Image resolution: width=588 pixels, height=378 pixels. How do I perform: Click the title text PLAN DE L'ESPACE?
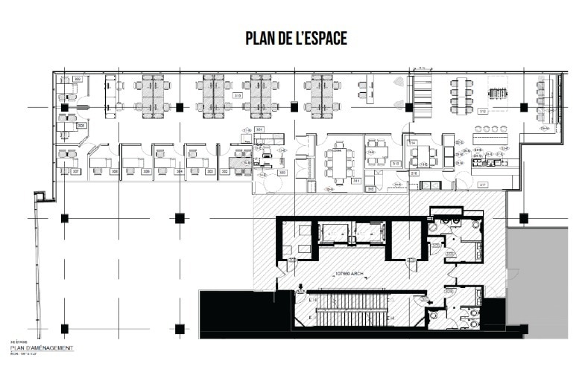pyautogui.click(x=296, y=39)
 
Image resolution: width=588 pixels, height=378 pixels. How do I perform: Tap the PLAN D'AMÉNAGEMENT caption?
pyautogui.click(x=42, y=347)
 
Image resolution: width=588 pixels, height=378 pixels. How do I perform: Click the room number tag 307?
pyautogui.click(x=75, y=170)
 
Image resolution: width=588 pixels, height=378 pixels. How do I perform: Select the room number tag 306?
pyautogui.click(x=114, y=171)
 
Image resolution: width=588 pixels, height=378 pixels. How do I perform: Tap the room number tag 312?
pyautogui.click(x=482, y=111)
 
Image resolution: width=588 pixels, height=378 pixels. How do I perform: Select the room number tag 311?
pyautogui.click(x=357, y=180)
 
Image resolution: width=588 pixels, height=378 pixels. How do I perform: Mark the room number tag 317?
pyautogui.click(x=482, y=185)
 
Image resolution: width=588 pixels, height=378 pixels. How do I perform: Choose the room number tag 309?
pyautogui.click(x=77, y=78)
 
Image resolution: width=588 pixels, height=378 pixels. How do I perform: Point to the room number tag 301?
pyautogui.click(x=259, y=129)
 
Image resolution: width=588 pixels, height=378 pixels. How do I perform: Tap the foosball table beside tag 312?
pyautogui.click(x=496, y=94)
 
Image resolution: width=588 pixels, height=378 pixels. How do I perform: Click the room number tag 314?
pyautogui.click(x=411, y=141)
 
